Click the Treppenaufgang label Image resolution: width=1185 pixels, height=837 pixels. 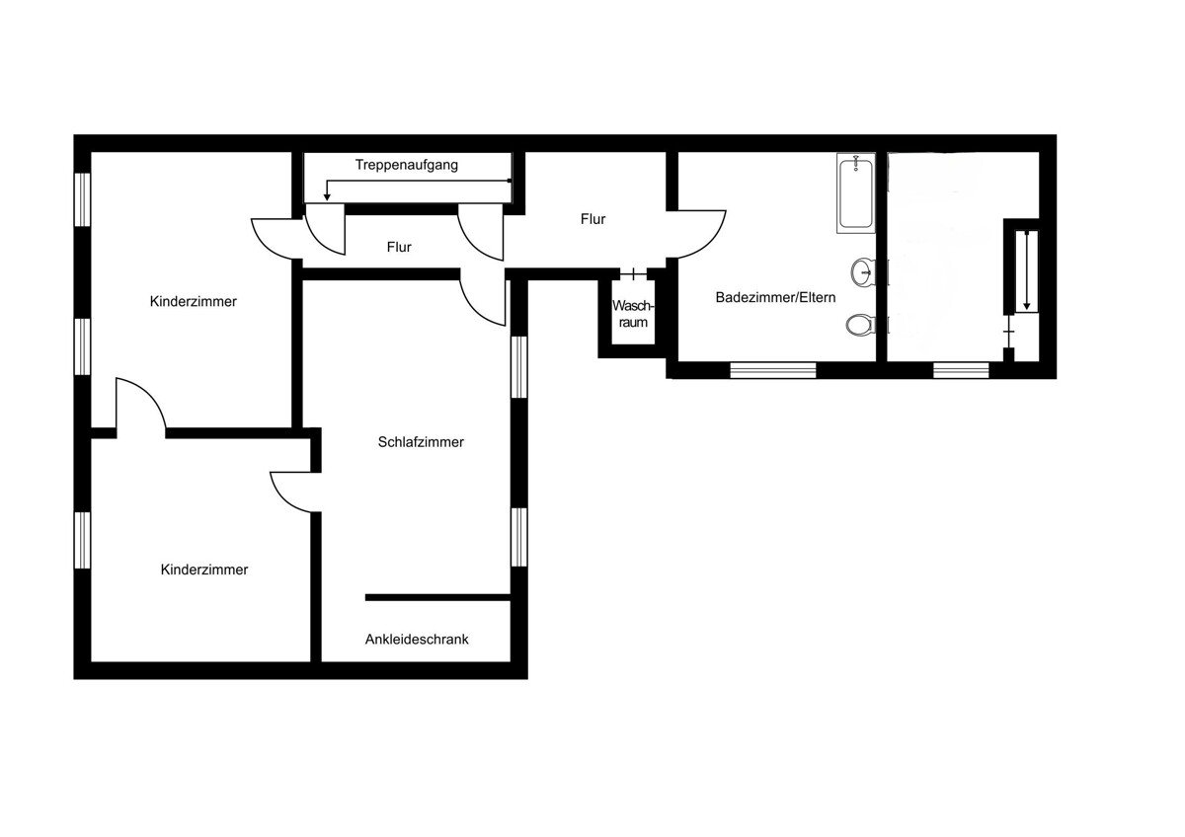click(406, 165)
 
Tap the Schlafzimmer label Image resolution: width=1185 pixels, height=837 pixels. click(421, 442)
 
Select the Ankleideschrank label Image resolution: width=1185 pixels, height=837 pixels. click(417, 640)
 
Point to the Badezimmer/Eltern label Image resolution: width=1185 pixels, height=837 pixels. click(775, 297)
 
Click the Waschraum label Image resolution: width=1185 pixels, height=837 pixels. click(633, 314)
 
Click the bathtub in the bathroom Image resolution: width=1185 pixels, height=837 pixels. click(855, 193)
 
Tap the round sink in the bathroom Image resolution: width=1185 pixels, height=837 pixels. click(862, 272)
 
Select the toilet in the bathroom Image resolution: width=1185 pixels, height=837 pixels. click(860, 324)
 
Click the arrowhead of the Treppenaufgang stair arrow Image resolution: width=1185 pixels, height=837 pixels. click(327, 196)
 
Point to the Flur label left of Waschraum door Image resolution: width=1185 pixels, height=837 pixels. click(592, 219)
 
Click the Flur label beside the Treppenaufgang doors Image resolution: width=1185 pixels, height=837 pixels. click(399, 247)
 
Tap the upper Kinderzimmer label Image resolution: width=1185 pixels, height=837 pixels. click(194, 301)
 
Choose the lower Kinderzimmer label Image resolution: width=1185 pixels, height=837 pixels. click(204, 570)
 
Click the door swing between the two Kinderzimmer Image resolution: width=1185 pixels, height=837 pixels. click(151, 394)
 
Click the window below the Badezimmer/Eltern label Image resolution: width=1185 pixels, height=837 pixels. click(773, 370)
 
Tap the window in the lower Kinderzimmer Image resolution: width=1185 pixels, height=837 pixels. click(82, 540)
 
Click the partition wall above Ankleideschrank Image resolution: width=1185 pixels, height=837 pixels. click(437, 597)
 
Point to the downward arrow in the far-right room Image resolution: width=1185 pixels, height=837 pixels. click(1027, 270)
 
